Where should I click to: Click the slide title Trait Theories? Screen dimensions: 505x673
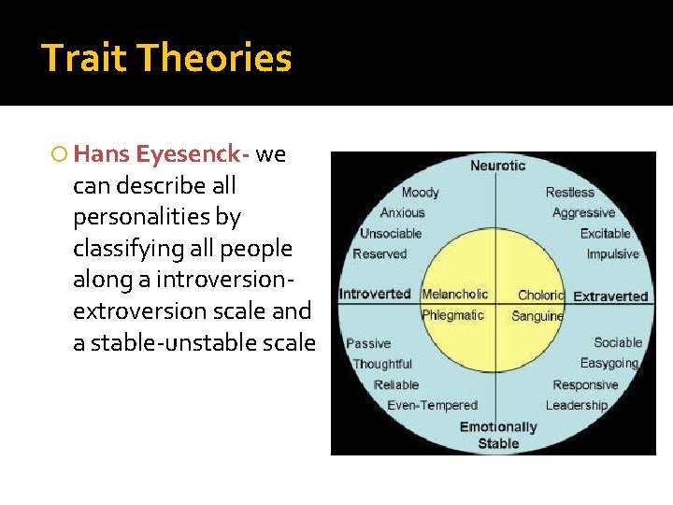click(x=166, y=58)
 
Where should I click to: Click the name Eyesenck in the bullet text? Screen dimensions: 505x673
click(x=193, y=153)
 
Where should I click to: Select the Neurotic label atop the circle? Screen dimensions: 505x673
click(x=497, y=166)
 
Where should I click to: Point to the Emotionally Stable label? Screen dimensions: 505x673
click(x=498, y=435)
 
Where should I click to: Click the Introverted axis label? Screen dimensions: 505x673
click(x=375, y=294)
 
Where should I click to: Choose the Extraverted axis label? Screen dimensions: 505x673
click(x=609, y=296)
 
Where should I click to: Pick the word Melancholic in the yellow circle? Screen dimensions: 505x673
click(x=454, y=295)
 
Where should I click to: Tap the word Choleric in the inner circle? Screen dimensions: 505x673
click(x=540, y=296)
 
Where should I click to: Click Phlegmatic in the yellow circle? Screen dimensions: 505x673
click(x=452, y=315)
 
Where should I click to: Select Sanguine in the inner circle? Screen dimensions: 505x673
click(x=537, y=316)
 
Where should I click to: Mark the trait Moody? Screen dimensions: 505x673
click(x=420, y=193)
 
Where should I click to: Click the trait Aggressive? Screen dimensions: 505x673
click(x=583, y=213)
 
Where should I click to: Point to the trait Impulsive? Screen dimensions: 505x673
click(x=612, y=254)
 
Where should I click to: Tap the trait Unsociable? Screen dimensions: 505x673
click(x=391, y=234)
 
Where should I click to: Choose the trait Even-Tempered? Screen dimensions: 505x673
click(x=432, y=406)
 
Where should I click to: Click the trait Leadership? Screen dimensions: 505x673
click(x=576, y=406)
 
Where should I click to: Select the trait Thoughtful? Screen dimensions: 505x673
click(x=382, y=364)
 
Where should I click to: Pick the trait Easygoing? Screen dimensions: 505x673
click(x=609, y=364)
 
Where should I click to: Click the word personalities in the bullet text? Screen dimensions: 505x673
click(x=157, y=217)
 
